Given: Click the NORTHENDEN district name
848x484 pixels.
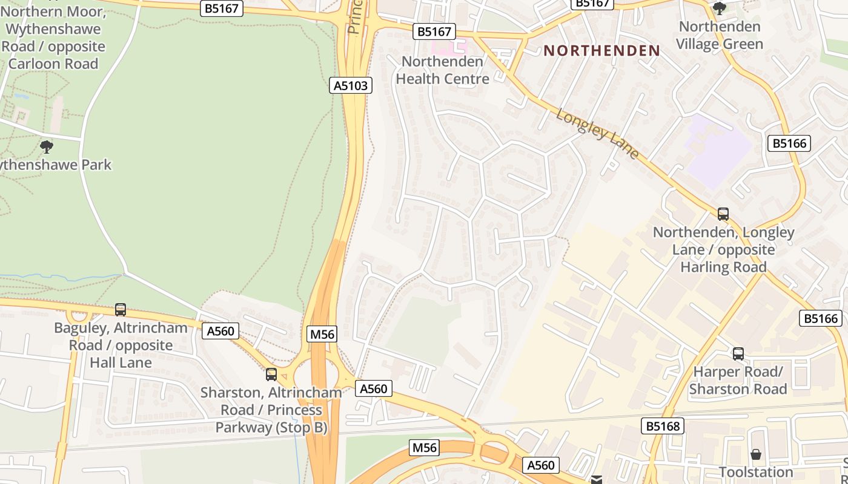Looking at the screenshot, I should click(601, 51).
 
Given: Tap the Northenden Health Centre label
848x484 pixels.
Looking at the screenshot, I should click(442, 70).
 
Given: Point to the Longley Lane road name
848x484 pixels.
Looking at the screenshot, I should click(598, 134).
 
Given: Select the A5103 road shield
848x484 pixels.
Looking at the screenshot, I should click(351, 85).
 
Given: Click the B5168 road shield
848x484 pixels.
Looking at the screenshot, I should click(662, 426).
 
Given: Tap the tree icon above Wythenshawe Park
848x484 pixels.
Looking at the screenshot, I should click(46, 146).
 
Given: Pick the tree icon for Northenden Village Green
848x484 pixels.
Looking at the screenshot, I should click(719, 8).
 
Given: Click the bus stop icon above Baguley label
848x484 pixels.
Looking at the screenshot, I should click(121, 310).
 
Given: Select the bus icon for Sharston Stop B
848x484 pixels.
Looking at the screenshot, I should click(271, 374).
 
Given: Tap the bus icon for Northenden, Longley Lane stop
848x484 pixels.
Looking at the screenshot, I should click(723, 214).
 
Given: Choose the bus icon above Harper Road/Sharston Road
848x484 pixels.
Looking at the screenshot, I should click(738, 354).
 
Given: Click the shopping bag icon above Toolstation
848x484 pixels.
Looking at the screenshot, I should click(755, 454).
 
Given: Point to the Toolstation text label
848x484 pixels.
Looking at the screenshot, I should click(755, 471).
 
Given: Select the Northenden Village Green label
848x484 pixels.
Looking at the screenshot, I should click(720, 35).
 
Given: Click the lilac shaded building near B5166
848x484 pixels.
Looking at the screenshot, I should click(718, 149).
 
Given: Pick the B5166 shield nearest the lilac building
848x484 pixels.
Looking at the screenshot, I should click(790, 143).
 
